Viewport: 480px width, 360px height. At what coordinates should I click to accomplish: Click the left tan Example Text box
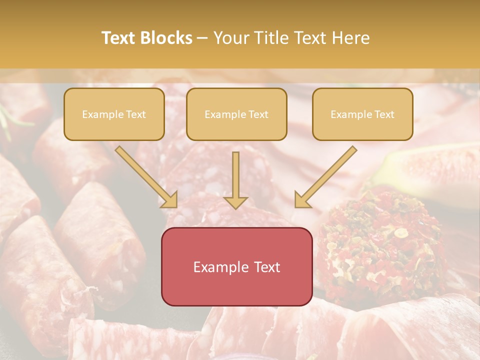point(114,114)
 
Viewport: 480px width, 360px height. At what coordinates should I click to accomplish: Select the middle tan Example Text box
point(236,114)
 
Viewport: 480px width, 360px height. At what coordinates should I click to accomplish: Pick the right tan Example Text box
point(362,114)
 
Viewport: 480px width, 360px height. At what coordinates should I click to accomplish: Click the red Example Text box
point(236,266)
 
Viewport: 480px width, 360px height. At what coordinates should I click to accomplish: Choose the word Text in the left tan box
point(135,114)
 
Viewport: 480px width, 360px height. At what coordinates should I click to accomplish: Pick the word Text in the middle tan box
point(258,114)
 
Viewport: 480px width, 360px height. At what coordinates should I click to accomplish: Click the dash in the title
point(202,38)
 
